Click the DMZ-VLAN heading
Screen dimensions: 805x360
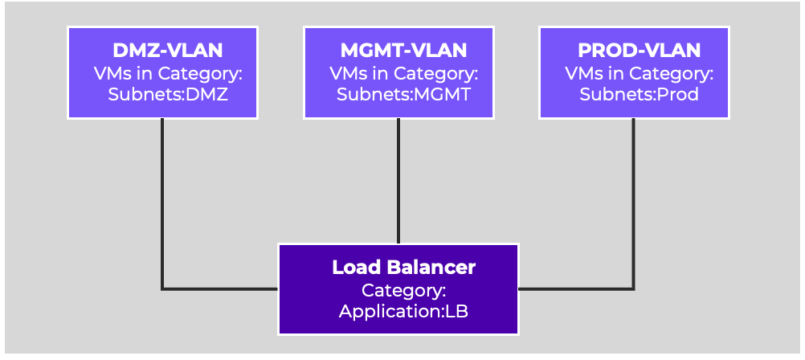pyautogui.click(x=167, y=51)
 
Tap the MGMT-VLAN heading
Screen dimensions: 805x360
pyautogui.click(x=403, y=51)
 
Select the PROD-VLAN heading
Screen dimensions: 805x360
pyautogui.click(x=640, y=51)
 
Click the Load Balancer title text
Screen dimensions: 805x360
pyautogui.click(x=403, y=267)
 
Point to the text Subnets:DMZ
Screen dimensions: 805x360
pyautogui.click(x=168, y=95)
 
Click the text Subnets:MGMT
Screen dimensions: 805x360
pyautogui.click(x=403, y=95)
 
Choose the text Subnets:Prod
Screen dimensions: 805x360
pyautogui.click(x=640, y=95)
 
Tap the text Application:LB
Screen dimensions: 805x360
pyautogui.click(x=403, y=312)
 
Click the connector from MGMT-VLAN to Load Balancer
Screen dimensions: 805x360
pyautogui.click(x=398, y=181)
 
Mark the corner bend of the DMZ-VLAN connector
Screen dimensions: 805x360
pyautogui.click(x=162, y=289)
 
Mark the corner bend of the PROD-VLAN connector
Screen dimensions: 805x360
pyautogui.click(x=634, y=289)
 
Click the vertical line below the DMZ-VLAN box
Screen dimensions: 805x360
pyautogui.click(x=162, y=204)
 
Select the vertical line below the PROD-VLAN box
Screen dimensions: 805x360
pyautogui.click(x=634, y=204)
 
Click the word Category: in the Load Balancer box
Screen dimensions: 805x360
pyautogui.click(x=403, y=290)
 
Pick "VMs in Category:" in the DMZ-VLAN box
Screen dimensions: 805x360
pyautogui.click(x=168, y=73)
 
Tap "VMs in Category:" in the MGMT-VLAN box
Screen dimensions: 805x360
pyautogui.click(x=403, y=73)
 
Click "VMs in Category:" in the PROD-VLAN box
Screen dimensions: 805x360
pyautogui.click(x=640, y=73)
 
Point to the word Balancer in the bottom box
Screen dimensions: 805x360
pyautogui.click(x=431, y=267)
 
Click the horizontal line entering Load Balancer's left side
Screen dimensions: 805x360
pyautogui.click(x=220, y=289)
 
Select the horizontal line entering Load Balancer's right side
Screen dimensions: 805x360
pyautogui.click(x=577, y=289)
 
